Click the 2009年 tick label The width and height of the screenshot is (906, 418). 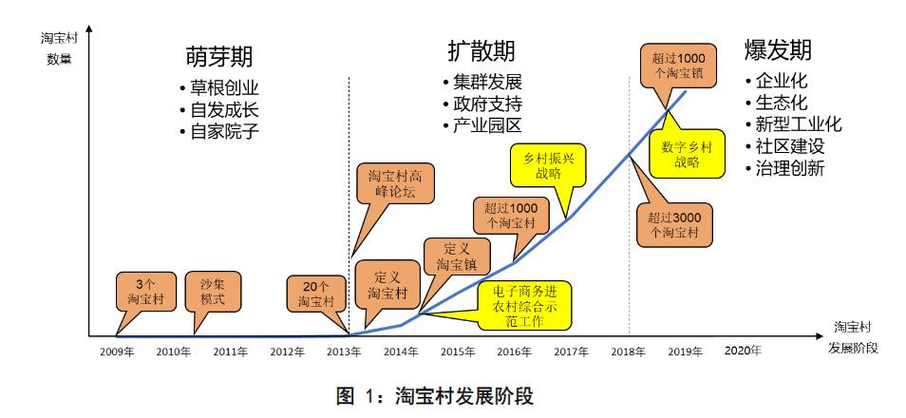click(116, 351)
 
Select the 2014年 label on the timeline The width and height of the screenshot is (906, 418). click(400, 351)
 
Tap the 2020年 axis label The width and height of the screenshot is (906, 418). click(742, 351)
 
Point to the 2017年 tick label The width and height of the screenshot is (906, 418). click(571, 351)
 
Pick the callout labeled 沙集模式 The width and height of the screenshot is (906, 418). click(212, 292)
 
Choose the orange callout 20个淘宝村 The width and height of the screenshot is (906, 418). click(312, 292)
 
